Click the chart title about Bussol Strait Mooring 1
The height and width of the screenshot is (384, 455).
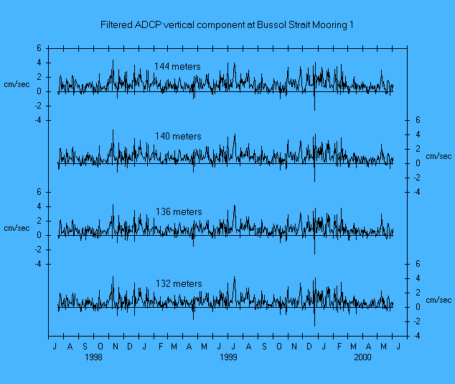pos(227,25)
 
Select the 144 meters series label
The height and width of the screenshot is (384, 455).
pos(177,66)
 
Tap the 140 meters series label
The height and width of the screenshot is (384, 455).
pos(178,136)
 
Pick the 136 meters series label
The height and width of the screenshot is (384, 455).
pos(179,211)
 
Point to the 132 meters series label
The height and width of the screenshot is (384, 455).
pos(179,283)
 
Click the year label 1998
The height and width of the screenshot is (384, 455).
pos(93,357)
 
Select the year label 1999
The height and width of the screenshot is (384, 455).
pos(228,357)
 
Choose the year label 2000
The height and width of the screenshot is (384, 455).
pos(362,357)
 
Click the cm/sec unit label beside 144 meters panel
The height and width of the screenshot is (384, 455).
pos(17,84)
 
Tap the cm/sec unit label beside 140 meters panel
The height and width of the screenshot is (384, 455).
pos(438,156)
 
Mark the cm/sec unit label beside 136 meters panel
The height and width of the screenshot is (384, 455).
pos(17,228)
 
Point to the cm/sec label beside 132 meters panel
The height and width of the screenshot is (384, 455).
pos(438,300)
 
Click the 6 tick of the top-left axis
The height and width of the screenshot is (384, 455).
pos(40,48)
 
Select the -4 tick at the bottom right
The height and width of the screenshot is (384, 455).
pos(416,336)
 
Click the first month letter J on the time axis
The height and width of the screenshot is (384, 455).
pos(55,347)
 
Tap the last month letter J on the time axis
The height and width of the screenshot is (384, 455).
pos(398,347)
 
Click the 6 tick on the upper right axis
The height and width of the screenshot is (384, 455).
pos(418,120)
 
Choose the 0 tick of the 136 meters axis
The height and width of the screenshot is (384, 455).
pos(40,235)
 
